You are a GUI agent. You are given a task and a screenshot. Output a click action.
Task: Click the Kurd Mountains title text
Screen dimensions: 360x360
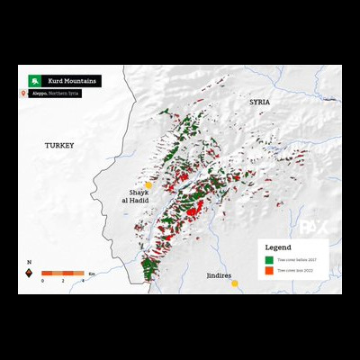[69, 80]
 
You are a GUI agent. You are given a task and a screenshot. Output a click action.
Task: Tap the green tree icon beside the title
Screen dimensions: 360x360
[34, 80]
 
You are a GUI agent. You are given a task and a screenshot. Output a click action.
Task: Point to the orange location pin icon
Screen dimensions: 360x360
[23, 93]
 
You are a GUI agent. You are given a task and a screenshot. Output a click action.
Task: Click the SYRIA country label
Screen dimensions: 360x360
[260, 103]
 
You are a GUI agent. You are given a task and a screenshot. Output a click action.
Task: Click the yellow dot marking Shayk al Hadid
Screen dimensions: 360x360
[148, 184]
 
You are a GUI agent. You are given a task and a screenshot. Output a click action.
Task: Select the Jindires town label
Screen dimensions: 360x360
[219, 274]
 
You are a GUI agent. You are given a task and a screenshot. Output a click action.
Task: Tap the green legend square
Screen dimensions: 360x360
[267, 259]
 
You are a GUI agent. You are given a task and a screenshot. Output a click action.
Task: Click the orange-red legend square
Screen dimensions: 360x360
[267, 270]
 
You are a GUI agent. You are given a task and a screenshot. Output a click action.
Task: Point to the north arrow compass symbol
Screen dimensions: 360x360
[29, 273]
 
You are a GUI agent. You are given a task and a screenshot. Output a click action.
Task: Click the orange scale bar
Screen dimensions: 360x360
[63, 273]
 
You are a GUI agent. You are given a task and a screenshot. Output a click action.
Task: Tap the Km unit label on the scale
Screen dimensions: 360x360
[93, 273]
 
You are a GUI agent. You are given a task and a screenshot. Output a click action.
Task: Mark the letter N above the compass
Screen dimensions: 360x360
[29, 262]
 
